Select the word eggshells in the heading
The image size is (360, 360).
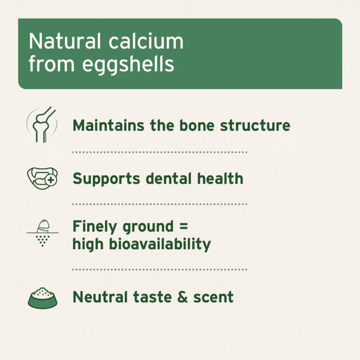click(128, 64)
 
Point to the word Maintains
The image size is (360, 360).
click(109, 126)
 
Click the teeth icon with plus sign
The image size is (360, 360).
click(42, 177)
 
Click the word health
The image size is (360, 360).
click(220, 179)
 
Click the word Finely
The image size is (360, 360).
click(95, 227)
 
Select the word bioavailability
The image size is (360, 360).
click(160, 244)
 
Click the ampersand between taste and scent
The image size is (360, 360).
click(182, 297)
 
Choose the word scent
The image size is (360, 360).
click(213, 297)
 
